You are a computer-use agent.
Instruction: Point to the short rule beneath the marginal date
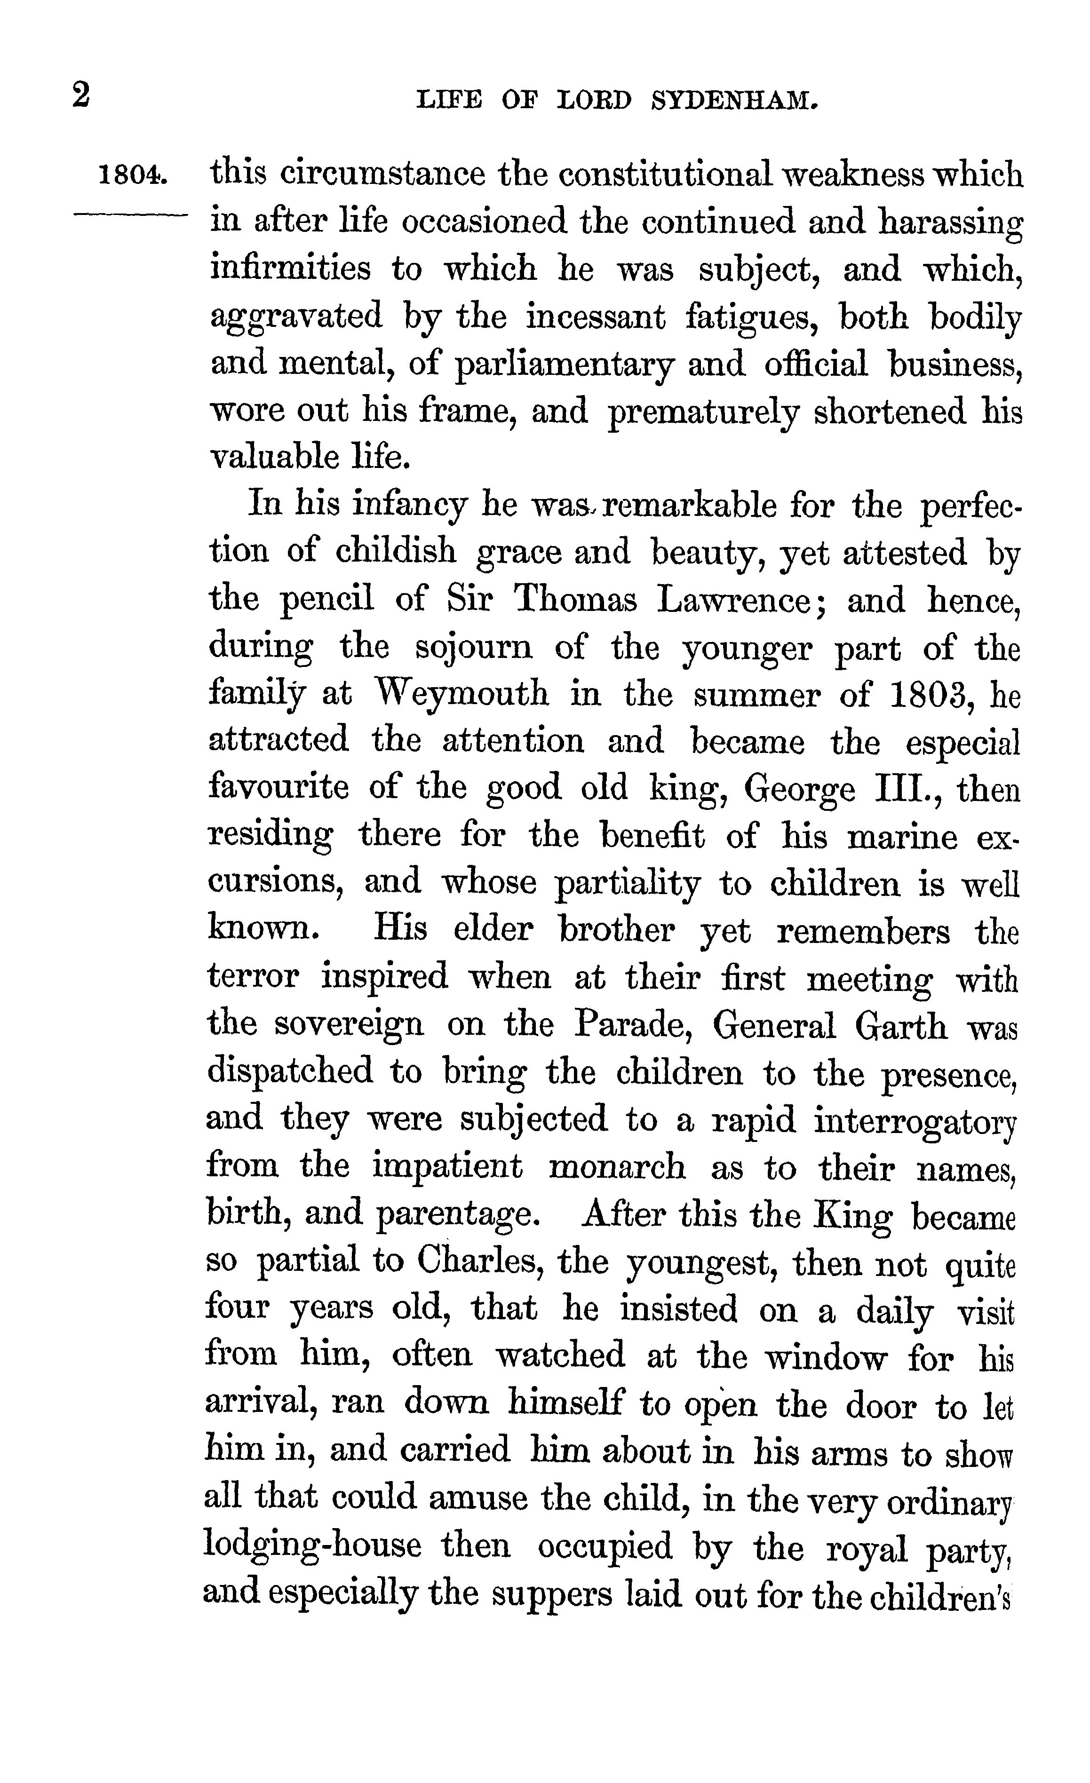click(131, 214)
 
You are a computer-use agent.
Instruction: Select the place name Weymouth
click(463, 694)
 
